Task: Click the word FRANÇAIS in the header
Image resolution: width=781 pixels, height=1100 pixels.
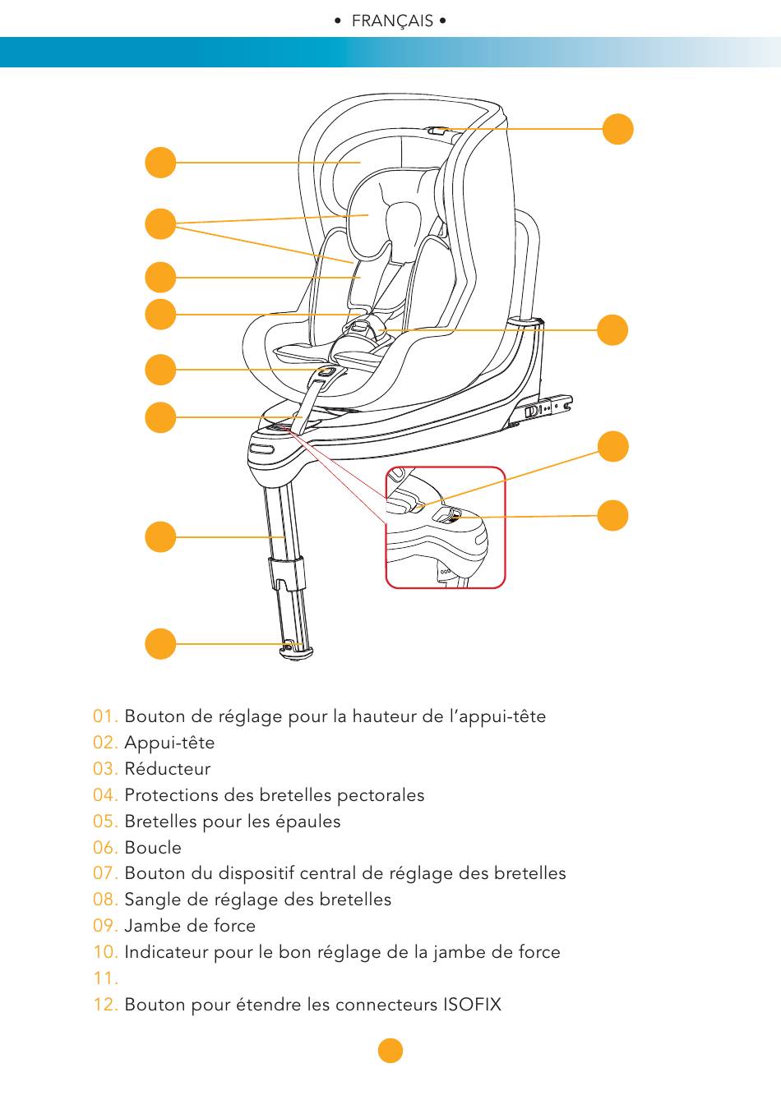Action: click(x=392, y=21)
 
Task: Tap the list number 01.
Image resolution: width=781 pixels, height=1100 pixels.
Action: click(x=105, y=716)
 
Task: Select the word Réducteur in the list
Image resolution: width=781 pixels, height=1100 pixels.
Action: click(x=168, y=769)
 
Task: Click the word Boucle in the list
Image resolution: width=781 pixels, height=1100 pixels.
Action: click(x=153, y=848)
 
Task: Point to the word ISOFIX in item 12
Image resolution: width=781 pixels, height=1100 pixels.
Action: click(x=472, y=1005)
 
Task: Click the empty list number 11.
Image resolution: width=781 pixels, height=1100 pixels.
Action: click(x=105, y=978)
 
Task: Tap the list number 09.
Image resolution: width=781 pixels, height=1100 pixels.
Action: click(x=105, y=926)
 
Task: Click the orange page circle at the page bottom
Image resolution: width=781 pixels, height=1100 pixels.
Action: click(x=390, y=1051)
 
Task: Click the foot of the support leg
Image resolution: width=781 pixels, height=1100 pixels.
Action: click(x=296, y=651)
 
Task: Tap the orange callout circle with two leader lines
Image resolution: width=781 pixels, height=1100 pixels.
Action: click(x=160, y=224)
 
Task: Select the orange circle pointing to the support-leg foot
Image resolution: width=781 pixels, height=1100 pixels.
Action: click(x=160, y=643)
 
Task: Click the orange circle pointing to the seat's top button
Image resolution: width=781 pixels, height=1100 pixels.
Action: click(x=617, y=129)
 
